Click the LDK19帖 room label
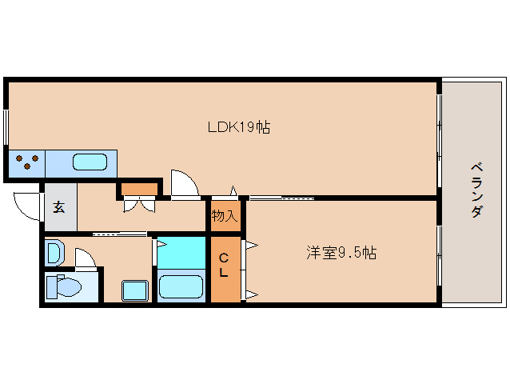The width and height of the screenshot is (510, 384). (238, 127)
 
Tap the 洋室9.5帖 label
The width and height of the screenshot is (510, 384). (341, 253)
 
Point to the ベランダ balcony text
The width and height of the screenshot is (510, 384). (476, 190)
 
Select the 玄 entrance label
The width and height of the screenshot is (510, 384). (59, 207)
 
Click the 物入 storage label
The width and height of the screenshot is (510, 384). (224, 215)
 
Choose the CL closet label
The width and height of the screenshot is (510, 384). (224, 265)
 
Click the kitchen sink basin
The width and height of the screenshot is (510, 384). (90, 163)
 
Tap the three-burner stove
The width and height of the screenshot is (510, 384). (26, 162)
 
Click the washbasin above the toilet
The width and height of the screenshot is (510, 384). (54, 254)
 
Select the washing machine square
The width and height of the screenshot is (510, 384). (134, 289)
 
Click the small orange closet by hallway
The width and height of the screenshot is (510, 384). (140, 190)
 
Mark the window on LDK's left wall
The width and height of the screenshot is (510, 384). (6, 128)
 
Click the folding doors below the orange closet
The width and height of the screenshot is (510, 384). (140, 204)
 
